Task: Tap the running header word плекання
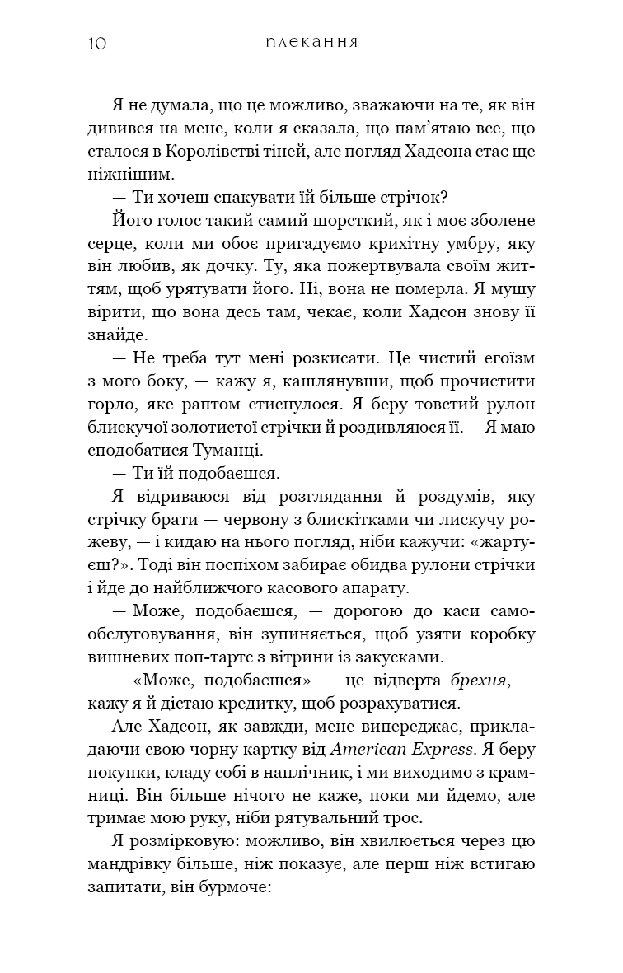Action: coord(311,42)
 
